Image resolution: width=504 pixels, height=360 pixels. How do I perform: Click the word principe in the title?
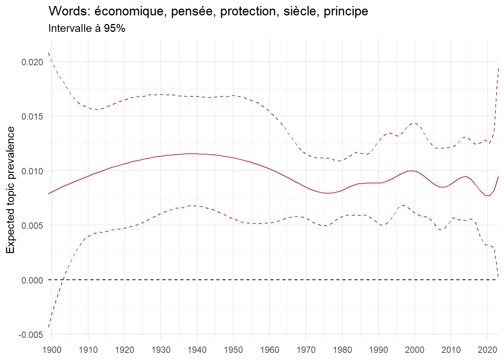tap(346, 12)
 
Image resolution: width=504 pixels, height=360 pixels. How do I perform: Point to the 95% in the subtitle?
tap(114, 28)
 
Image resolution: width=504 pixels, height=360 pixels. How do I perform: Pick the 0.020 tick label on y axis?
tap(32, 62)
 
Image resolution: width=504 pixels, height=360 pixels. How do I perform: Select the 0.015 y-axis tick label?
tap(32, 117)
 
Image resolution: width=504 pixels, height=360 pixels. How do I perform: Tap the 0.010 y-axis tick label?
tap(32, 171)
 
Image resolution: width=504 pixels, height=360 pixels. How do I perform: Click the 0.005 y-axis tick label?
tap(32, 226)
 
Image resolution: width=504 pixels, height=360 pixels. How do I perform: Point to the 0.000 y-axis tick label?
tap(32, 280)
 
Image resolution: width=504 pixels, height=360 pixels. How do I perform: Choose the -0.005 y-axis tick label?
tap(31, 335)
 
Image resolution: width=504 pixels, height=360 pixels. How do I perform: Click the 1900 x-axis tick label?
tap(52, 350)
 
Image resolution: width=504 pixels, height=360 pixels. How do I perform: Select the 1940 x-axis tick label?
tap(197, 350)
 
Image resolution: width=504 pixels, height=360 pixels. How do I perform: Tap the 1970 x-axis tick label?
tap(306, 350)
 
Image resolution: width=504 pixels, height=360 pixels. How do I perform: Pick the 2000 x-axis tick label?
tap(415, 350)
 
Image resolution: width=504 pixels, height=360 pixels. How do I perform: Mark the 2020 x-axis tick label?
tap(487, 350)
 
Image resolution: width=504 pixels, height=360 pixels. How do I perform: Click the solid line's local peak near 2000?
tap(411, 171)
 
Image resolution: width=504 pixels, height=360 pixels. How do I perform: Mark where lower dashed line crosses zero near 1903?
tap(63, 280)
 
